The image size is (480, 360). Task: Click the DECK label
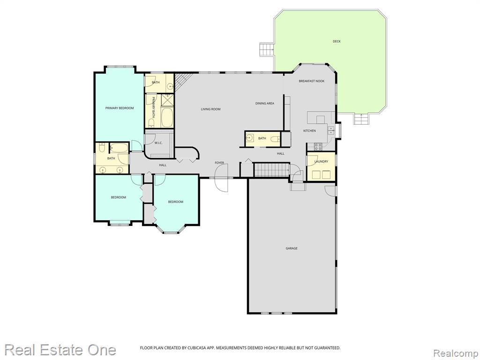[337, 41]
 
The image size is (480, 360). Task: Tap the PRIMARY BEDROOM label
[120, 108]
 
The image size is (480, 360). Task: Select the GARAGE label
[292, 248]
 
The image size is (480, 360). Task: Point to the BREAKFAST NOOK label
[312, 81]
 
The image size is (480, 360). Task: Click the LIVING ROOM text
[210, 109]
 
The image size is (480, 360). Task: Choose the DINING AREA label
[265, 104]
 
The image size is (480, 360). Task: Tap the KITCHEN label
[309, 131]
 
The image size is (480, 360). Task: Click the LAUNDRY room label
[321, 161]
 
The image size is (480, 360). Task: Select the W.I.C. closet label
[158, 143]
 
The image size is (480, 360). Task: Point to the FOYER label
[219, 163]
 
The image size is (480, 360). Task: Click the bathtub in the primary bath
[167, 117]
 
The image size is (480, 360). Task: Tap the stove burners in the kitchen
[318, 147]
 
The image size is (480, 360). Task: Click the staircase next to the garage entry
[272, 170]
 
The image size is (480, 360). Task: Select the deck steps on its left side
[266, 49]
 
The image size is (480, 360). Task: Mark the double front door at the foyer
[222, 178]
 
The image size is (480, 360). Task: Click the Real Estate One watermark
[60, 350]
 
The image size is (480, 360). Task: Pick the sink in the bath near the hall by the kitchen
[250, 138]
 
